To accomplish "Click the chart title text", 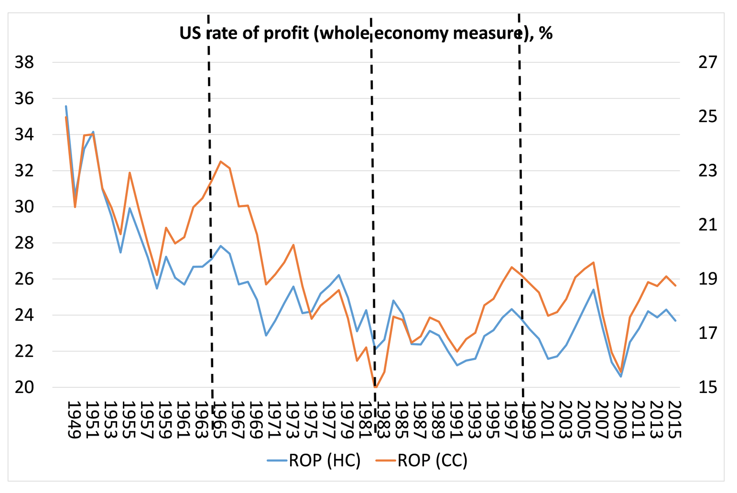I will click(x=366, y=34).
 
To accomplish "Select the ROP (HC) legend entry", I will click(x=314, y=460).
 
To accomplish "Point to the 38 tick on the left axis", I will click(x=25, y=62).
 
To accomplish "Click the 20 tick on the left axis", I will click(x=25, y=387).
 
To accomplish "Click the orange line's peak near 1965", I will click(x=220, y=161).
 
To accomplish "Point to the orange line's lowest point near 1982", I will click(x=375, y=387).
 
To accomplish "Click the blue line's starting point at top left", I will click(x=66, y=106).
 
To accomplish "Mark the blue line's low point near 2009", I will click(x=621, y=376).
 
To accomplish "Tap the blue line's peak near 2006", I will click(x=593, y=290).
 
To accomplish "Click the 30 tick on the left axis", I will click(x=25, y=207).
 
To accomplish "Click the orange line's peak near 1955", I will click(x=130, y=173).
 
